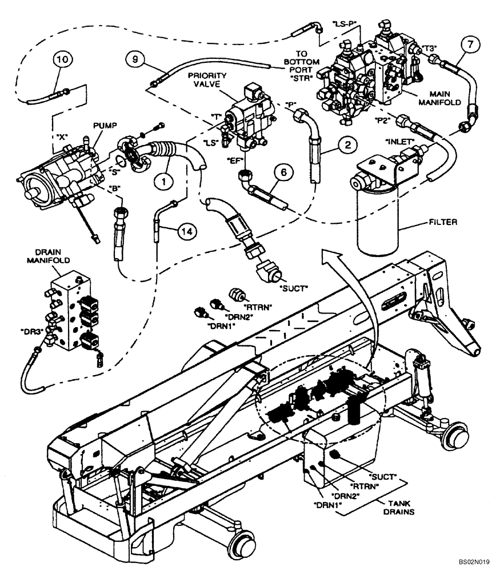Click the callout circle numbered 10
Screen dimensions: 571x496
[x=64, y=60]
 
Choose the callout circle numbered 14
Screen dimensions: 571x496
[x=184, y=231]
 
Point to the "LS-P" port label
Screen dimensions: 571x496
[x=345, y=23]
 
